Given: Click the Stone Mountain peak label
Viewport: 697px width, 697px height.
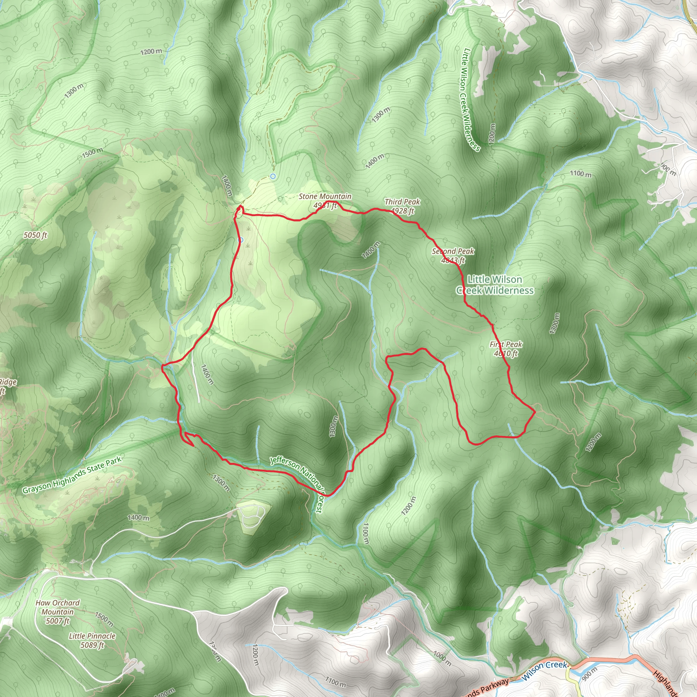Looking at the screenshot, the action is [325, 201].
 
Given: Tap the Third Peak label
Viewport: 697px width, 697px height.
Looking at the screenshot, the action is [402, 206].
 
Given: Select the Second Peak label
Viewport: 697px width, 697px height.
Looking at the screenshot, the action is [453, 256].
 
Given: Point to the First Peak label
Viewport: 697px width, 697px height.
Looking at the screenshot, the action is [506, 348].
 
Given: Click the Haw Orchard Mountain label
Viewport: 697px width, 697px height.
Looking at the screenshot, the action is [58, 612].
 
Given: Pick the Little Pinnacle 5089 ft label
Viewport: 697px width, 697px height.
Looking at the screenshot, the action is [92, 640].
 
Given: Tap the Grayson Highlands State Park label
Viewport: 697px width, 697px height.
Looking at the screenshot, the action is [72, 475].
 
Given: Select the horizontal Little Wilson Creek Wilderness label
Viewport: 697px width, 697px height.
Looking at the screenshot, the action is [495, 285].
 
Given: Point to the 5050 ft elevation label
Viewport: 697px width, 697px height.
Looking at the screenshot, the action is [35, 235].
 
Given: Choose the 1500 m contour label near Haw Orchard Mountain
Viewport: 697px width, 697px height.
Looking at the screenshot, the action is [104, 619].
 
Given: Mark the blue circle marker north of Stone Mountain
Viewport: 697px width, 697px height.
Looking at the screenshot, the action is [273, 176].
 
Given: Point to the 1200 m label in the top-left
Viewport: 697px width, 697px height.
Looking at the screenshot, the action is [151, 52].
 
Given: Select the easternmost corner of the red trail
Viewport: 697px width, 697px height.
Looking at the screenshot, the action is [535, 411].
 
